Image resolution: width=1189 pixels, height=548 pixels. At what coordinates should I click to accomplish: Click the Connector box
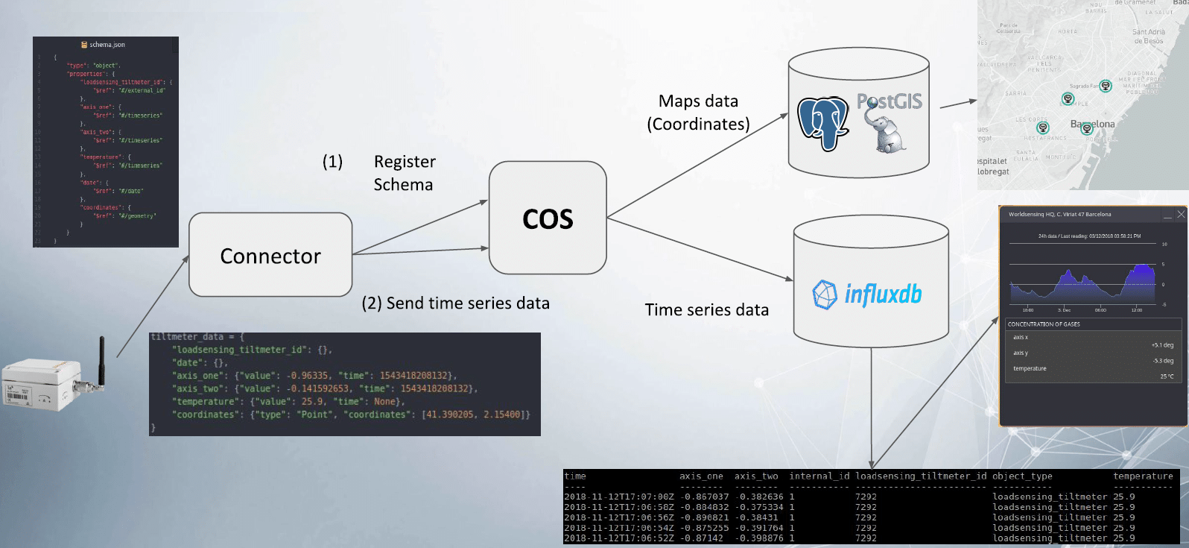click(270, 255)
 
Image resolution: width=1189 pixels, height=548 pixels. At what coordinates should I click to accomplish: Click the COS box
click(548, 218)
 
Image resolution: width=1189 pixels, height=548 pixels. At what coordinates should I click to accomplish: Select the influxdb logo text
click(883, 294)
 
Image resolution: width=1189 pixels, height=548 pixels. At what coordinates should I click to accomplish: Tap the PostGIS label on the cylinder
click(889, 101)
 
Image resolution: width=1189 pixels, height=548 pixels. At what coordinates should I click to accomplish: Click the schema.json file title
click(107, 45)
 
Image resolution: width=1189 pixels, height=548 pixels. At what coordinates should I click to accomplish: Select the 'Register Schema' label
click(404, 173)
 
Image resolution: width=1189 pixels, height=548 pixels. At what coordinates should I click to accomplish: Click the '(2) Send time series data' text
click(455, 303)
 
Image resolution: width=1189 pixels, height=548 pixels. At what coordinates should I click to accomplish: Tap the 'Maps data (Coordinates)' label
click(698, 113)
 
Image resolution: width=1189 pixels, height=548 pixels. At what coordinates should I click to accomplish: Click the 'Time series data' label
click(706, 310)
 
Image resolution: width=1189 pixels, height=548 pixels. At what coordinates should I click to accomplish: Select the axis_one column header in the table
click(700, 476)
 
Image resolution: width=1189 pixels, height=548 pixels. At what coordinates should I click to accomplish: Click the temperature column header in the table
click(1142, 476)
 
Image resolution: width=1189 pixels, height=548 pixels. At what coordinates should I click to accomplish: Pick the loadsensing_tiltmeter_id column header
click(920, 476)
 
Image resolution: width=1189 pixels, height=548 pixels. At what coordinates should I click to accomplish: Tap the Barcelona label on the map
click(1092, 124)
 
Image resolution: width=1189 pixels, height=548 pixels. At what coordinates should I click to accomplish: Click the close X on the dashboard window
click(1180, 215)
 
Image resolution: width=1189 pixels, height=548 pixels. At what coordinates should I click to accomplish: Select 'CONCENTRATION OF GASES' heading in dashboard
click(1043, 324)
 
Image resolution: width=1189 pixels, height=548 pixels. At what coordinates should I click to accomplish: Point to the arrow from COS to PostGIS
click(697, 165)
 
